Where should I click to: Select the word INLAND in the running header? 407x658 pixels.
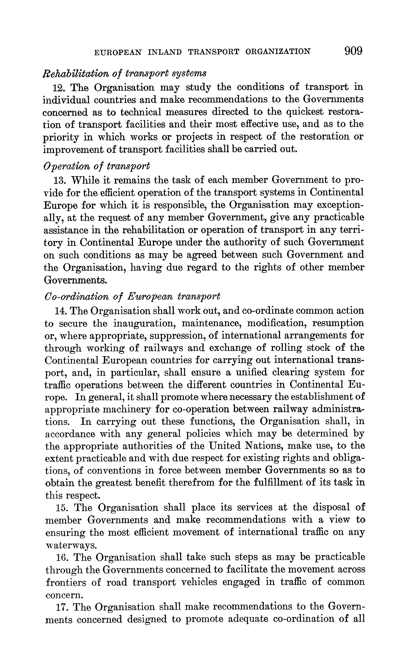pyautogui.click(x=165, y=52)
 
